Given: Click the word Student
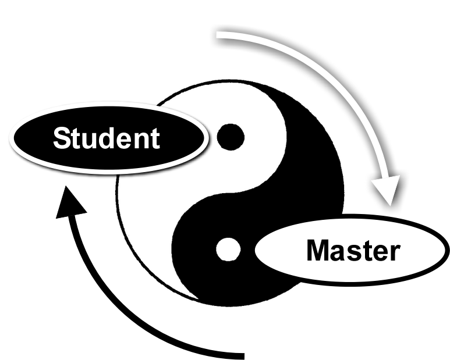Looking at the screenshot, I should click(107, 138).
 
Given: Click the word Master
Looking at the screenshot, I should click(353, 251).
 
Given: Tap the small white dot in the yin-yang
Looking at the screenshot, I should click(228, 249).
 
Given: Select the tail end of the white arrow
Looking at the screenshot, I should click(219, 36).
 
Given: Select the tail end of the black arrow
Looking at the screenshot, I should click(239, 354).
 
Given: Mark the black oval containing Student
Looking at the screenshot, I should click(35, 140).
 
